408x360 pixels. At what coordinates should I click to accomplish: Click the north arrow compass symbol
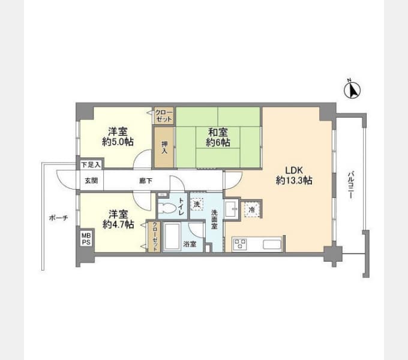pos(352,89)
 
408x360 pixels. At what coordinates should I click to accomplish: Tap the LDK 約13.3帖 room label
pos(294,175)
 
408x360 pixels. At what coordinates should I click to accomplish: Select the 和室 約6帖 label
pos(218,137)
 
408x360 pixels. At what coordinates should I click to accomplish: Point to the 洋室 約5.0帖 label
pos(118,137)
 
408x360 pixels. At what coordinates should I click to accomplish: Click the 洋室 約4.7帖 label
pos(118,219)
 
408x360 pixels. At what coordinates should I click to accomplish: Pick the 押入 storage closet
pos(164,147)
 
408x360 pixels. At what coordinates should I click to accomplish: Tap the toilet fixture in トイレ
pos(167,208)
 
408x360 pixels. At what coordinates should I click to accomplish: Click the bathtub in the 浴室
pos(172,236)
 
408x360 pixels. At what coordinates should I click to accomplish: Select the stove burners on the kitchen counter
pos(240,244)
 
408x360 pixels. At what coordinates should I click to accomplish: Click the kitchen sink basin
pos(272,245)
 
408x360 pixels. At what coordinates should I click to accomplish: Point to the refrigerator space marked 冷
pos(251,209)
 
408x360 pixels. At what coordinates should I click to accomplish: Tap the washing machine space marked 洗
pos(197,204)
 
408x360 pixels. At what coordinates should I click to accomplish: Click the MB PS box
pos(86,239)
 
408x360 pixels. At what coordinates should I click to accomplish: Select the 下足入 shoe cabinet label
pos(91,164)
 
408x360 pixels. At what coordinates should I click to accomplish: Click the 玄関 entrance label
pos(91,180)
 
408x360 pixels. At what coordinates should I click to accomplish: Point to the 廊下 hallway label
pos(146,181)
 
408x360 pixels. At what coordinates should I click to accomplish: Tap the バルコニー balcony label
pos(351,185)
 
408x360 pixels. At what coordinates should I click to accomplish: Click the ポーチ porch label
pos(59,218)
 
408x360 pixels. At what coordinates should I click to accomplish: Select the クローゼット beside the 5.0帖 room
pos(164,116)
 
